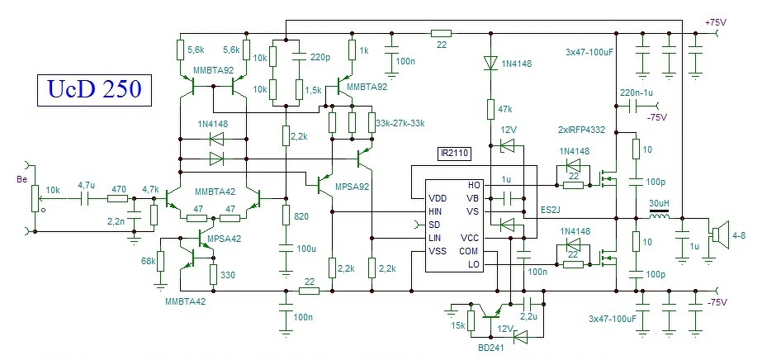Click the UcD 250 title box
coord(94,90)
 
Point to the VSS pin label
coord(437,251)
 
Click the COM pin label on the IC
coord(468,251)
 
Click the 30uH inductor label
coord(659,202)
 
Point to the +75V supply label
coord(715,22)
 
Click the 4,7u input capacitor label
coord(87,185)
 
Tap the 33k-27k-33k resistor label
coord(400,123)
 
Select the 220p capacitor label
coord(320,57)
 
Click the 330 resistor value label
coord(227,275)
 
